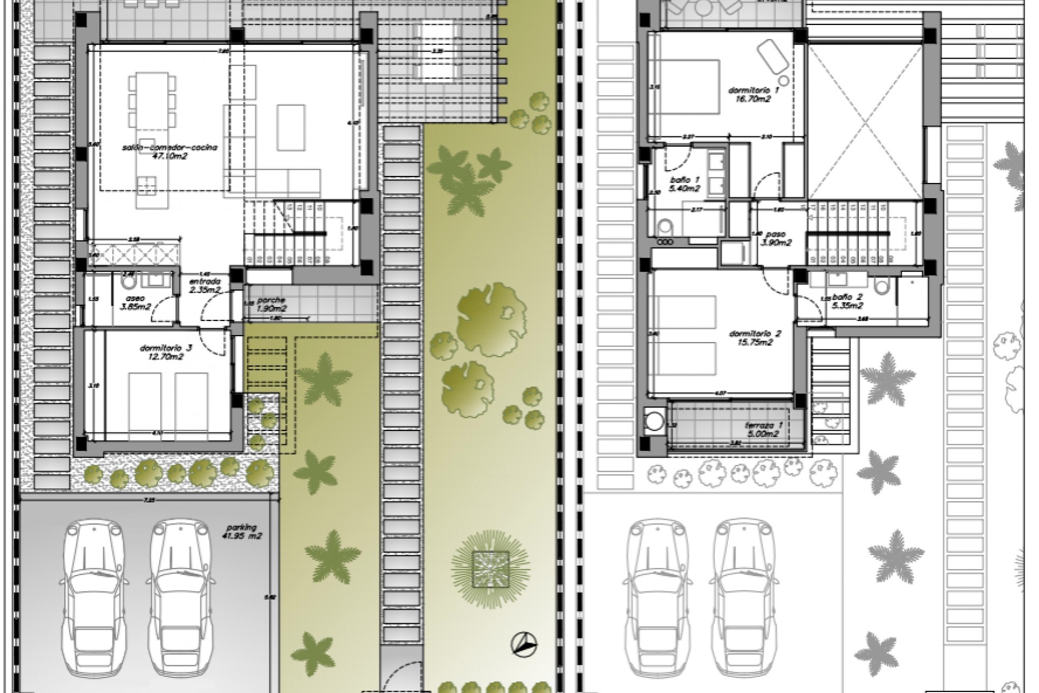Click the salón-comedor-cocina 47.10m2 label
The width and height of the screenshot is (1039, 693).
170,151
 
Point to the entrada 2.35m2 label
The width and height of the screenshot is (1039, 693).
204,286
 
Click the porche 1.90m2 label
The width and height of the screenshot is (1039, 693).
271,304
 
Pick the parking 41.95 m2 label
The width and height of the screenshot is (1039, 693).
241,532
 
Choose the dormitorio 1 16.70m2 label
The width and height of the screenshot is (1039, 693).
749,95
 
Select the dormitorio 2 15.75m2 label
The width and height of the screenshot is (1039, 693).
750,338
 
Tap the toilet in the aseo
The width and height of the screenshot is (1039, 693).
128,282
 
